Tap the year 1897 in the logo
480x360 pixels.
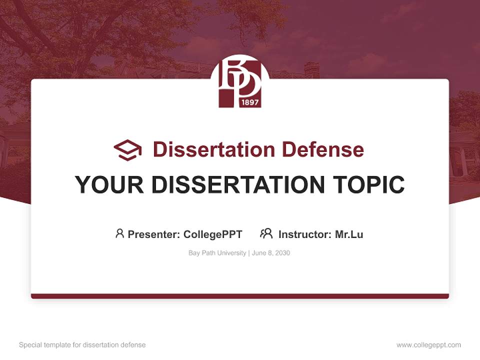[x=249, y=102]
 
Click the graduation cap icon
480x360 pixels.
[x=127, y=150]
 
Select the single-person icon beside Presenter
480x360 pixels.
[x=119, y=233]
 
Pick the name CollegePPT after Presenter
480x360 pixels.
[x=212, y=234]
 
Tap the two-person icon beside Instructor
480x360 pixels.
[x=266, y=233]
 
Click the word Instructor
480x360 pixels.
[x=304, y=234]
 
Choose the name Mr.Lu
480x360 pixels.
[x=349, y=234]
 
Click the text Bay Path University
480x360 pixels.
[x=217, y=253]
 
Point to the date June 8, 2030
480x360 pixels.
[x=271, y=253]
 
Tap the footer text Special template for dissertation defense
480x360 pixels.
[x=82, y=345]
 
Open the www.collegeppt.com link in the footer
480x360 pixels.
[x=428, y=345]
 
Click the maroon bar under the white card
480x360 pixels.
[x=239, y=296]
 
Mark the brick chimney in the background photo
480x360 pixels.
[x=311, y=69]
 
